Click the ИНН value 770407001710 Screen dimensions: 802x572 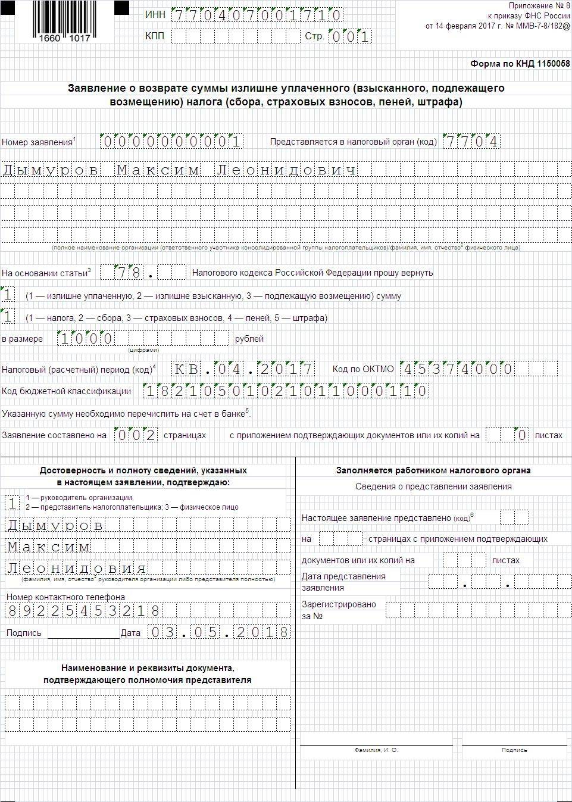257,15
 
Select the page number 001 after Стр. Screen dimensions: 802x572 350,36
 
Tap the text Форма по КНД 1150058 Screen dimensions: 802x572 520,64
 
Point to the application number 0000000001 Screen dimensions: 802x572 172,142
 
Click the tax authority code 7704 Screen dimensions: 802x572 471,142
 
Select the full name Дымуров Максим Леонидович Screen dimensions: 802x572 180,170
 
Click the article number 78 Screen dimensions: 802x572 129,273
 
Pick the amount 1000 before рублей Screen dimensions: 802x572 86,339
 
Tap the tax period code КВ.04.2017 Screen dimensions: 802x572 243,369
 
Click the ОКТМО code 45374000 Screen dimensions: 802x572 458,369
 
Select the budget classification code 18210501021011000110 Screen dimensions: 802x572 286,391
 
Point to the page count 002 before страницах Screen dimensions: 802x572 136,435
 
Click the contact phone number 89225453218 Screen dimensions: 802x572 83,610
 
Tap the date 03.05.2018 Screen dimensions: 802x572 218,632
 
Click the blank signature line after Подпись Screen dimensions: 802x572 83,635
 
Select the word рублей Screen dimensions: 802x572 249,339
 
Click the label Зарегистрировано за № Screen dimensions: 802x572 339,610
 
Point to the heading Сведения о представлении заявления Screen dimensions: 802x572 433,486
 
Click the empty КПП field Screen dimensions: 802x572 236,36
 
